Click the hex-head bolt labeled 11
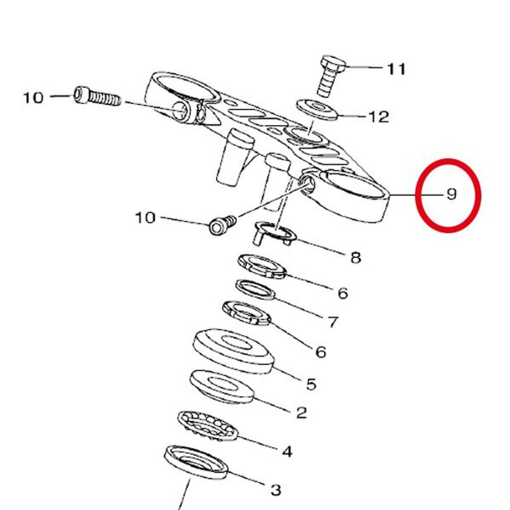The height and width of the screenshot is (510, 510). pos(332,76)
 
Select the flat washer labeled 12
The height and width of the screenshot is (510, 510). pos(317,110)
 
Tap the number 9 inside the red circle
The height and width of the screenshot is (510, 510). pos(451,194)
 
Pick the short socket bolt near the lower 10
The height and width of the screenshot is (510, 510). pos(222,225)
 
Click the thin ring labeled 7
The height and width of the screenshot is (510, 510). pos(255,289)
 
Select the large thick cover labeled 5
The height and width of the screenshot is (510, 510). pos(234,351)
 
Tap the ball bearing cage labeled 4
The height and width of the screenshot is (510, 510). pos(208,426)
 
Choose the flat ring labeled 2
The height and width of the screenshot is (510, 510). pos(222,386)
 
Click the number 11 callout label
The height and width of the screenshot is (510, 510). pos(396,69)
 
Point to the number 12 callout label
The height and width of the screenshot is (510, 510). pos(379,117)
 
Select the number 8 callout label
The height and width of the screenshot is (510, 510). pos(356,258)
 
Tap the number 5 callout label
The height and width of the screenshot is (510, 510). pos(311,384)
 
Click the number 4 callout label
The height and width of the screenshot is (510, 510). pos(287,451)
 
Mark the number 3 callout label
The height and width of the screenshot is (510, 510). pos(276,490)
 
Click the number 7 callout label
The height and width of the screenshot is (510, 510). pos(333,322)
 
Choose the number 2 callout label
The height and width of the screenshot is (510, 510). pos(301,413)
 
